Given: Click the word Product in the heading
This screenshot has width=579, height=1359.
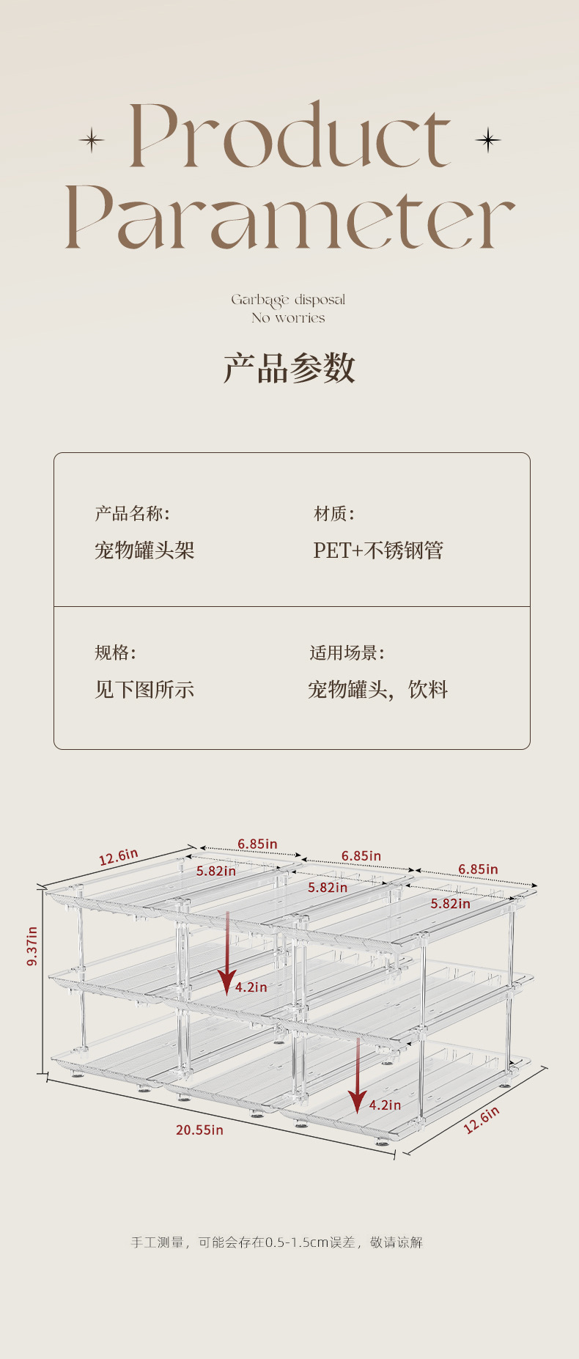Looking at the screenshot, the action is click(x=289, y=136).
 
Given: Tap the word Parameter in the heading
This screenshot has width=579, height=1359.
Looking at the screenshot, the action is click(x=290, y=217).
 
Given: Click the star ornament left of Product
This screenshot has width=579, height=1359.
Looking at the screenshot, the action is click(x=92, y=139).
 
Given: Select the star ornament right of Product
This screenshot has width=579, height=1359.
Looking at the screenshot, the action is click(x=487, y=139).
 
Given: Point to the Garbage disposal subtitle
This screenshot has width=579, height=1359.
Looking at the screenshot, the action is click(x=288, y=301).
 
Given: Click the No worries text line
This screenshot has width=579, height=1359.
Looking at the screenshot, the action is click(x=288, y=318).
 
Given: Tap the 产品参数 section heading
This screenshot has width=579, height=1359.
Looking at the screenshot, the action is click(x=289, y=368).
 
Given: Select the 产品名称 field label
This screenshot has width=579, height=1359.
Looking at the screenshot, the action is click(x=132, y=513).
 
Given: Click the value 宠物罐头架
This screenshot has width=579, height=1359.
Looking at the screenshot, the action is click(x=144, y=550).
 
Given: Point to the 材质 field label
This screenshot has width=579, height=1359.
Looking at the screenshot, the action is click(x=334, y=513).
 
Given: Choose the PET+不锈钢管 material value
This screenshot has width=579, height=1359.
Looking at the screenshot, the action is click(x=378, y=550).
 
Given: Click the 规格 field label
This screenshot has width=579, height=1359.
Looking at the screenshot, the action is click(x=115, y=652).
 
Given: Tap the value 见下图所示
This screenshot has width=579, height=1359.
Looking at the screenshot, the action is click(x=144, y=689).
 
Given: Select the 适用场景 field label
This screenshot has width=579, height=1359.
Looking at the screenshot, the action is click(x=347, y=652).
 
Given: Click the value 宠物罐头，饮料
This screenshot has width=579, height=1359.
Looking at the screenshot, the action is click(x=378, y=689).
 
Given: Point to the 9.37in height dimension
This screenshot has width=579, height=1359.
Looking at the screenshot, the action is click(x=32, y=946).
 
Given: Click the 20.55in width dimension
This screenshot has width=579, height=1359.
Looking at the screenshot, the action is click(x=199, y=1130).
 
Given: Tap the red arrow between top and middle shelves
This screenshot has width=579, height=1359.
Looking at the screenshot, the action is click(x=227, y=953).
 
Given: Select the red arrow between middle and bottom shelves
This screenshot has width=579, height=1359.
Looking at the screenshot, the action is click(x=358, y=1075).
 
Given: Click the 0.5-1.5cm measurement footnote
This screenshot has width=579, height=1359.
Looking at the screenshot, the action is click(x=277, y=1242).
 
